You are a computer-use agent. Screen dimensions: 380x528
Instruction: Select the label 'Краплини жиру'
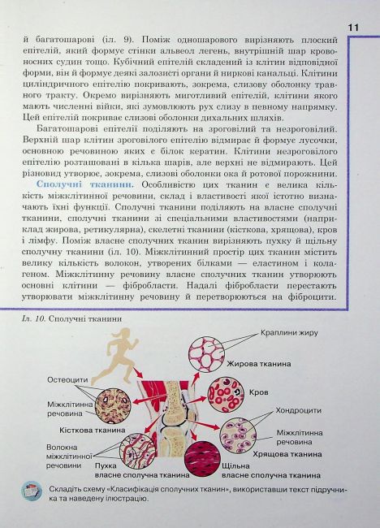click(x=290, y=333)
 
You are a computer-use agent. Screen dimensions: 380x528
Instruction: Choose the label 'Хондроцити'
click(x=300, y=411)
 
